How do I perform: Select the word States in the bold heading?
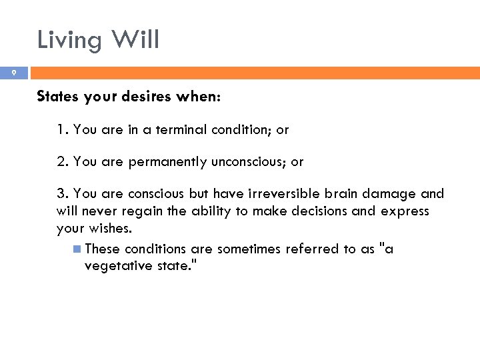[57, 97]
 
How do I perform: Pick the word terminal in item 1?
[181, 130]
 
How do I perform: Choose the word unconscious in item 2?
[249, 162]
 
